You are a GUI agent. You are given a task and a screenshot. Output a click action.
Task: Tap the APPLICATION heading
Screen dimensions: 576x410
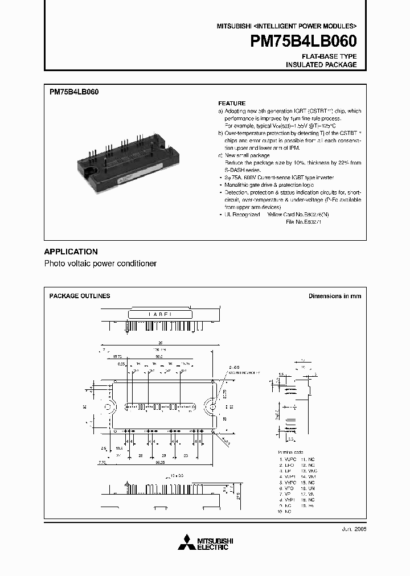point(71,252)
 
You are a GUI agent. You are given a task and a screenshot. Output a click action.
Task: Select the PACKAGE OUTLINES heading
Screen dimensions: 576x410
point(80,296)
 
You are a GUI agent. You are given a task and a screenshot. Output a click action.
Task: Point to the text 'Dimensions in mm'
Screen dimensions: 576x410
point(334,296)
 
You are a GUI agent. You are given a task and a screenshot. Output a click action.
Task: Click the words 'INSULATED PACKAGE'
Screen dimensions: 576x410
point(321,65)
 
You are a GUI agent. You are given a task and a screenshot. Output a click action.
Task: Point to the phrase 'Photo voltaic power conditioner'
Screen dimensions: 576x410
point(100,264)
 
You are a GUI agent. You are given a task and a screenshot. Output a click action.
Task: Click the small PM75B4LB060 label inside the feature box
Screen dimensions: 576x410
point(75,92)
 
